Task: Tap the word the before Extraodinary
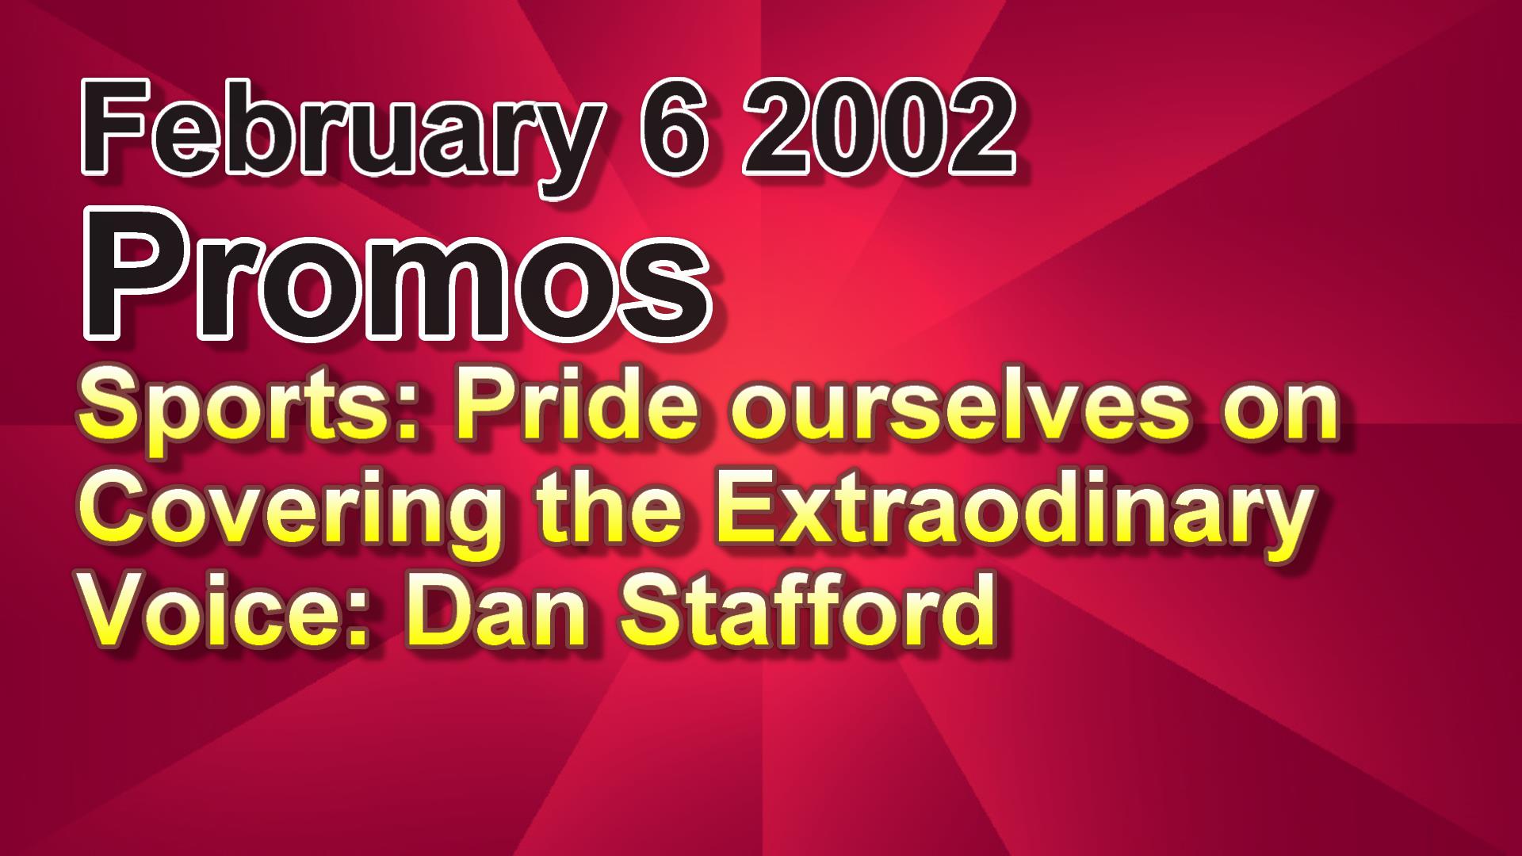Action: pyautogui.click(x=606, y=507)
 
